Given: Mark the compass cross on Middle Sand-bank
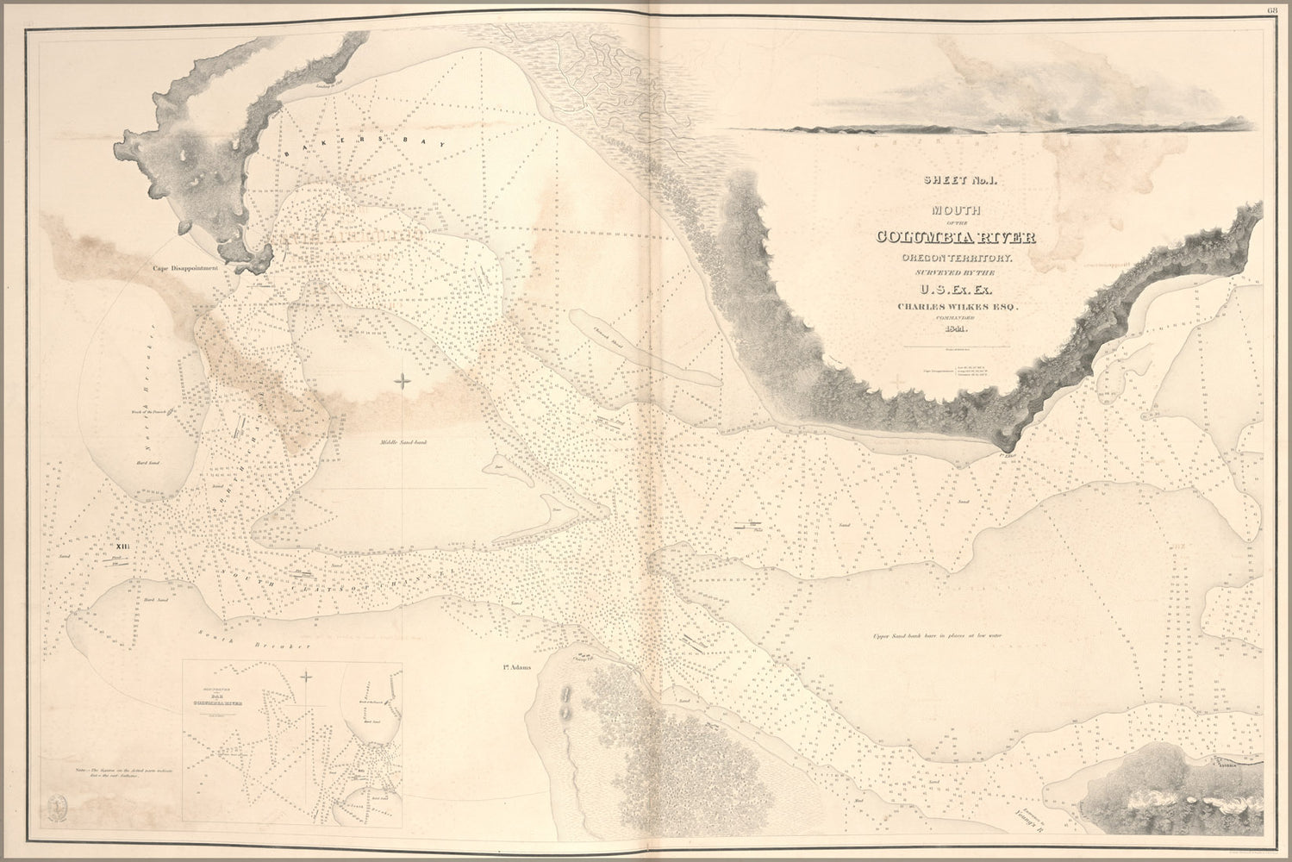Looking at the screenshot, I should coord(403,380).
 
